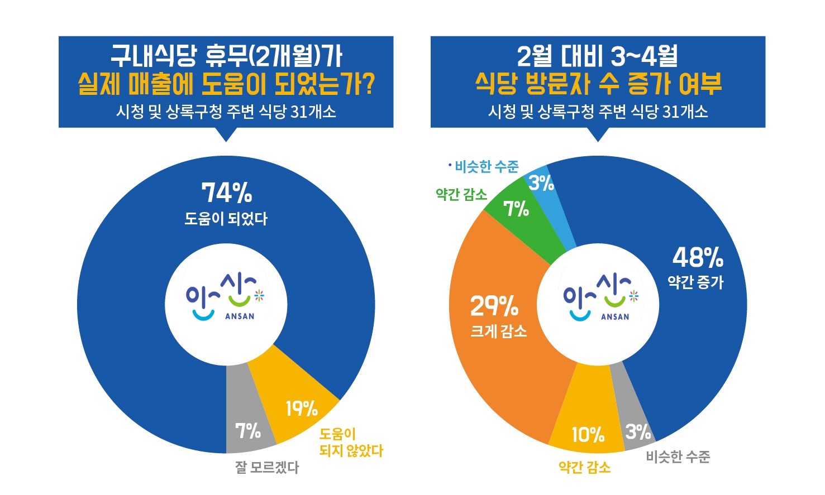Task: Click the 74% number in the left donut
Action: coord(226,193)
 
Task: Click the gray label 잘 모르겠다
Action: coord(267,467)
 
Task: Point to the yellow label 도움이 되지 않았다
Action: coord(351,442)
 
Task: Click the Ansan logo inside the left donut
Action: coord(226,300)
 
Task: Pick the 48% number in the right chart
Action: coord(697,257)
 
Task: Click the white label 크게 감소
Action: coord(499,331)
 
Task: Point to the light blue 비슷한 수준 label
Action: coord(487,166)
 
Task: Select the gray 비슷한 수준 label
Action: coord(678,457)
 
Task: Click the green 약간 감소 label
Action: coord(461,194)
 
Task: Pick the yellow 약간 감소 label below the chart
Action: coord(584,467)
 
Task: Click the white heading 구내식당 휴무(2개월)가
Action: coord(226,56)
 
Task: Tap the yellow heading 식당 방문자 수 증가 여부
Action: coord(598,84)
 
